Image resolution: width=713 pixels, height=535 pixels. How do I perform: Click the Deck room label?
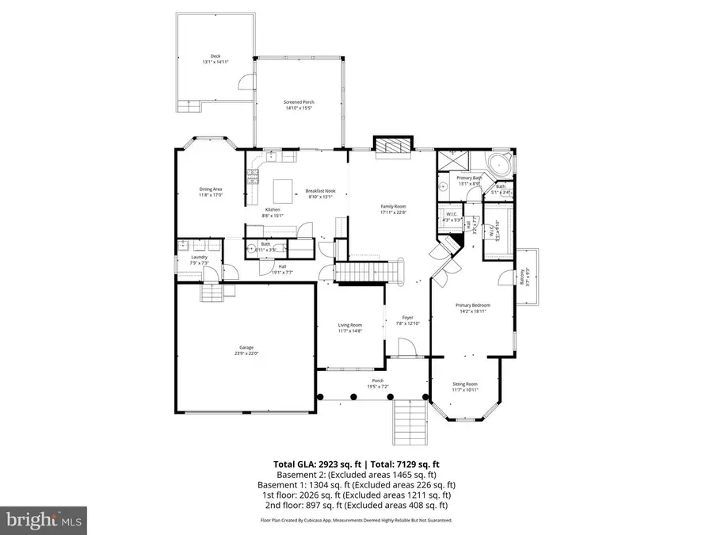click(214, 55)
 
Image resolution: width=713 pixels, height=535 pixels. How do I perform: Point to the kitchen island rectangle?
click(283, 190)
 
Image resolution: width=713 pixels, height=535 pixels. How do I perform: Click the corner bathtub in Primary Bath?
click(500, 167)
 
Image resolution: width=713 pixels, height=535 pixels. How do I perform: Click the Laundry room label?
click(199, 257)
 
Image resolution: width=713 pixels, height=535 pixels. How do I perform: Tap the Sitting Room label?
click(465, 384)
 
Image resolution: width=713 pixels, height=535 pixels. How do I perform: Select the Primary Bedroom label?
click(472, 305)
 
